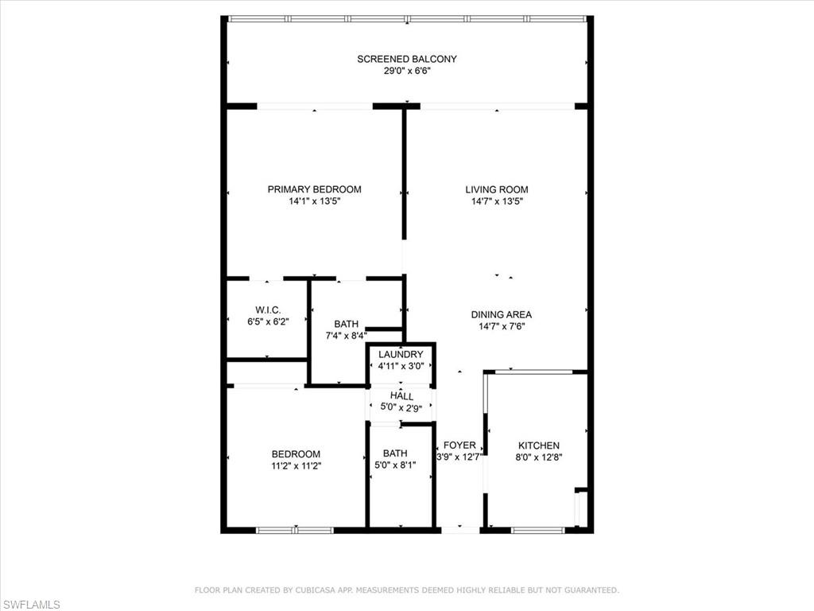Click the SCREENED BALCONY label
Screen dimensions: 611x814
pyautogui.click(x=406, y=59)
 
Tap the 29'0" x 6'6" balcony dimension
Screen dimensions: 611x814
pyautogui.click(x=406, y=71)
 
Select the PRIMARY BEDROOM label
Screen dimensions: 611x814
pyautogui.click(x=314, y=189)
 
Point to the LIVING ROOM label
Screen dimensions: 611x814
pyautogui.click(x=497, y=189)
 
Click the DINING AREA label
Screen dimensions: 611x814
pyautogui.click(x=501, y=314)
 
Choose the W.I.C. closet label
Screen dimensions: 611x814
pyautogui.click(x=267, y=309)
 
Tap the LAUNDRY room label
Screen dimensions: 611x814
pyautogui.click(x=401, y=354)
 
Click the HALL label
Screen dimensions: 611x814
pyautogui.click(x=401, y=396)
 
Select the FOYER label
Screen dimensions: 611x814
pyautogui.click(x=459, y=446)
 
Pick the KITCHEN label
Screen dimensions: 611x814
pyautogui.click(x=539, y=446)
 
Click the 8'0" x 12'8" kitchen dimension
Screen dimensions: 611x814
pyautogui.click(x=539, y=457)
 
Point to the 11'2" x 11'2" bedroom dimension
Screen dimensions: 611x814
pyautogui.click(x=296, y=466)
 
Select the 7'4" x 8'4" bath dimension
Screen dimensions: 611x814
pyautogui.click(x=346, y=336)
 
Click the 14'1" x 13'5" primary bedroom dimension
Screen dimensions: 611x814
pyautogui.click(x=314, y=201)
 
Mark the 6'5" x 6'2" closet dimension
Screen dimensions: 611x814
pyautogui.click(x=267, y=321)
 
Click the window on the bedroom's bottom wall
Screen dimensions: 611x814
pyautogui.click(x=295, y=529)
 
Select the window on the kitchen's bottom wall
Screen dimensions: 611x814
pyautogui.click(x=538, y=529)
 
